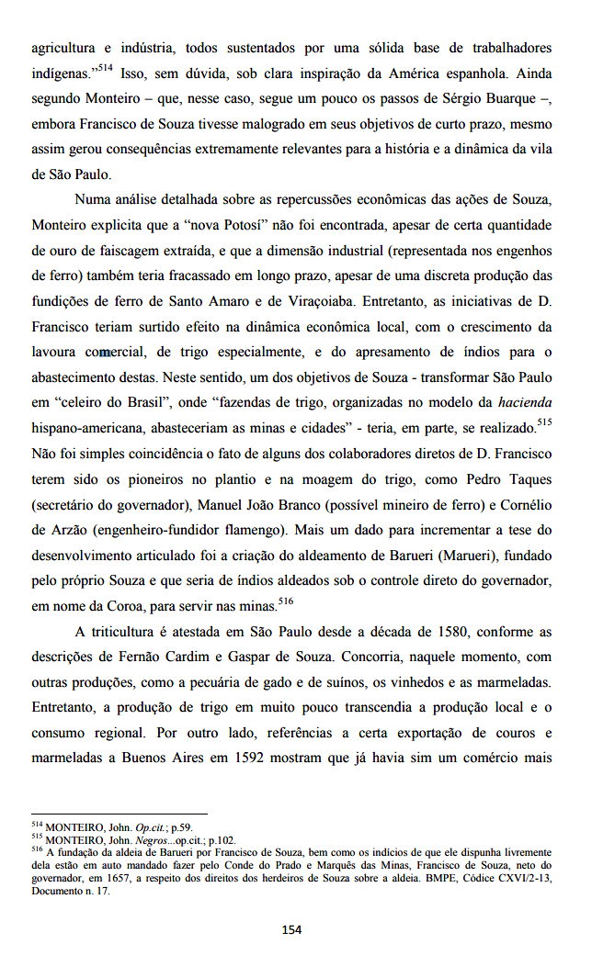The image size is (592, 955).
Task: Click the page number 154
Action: (x=291, y=929)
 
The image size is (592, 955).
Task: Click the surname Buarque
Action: (x=503, y=97)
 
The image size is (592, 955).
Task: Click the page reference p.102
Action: (x=222, y=838)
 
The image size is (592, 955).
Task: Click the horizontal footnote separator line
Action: (x=119, y=814)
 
